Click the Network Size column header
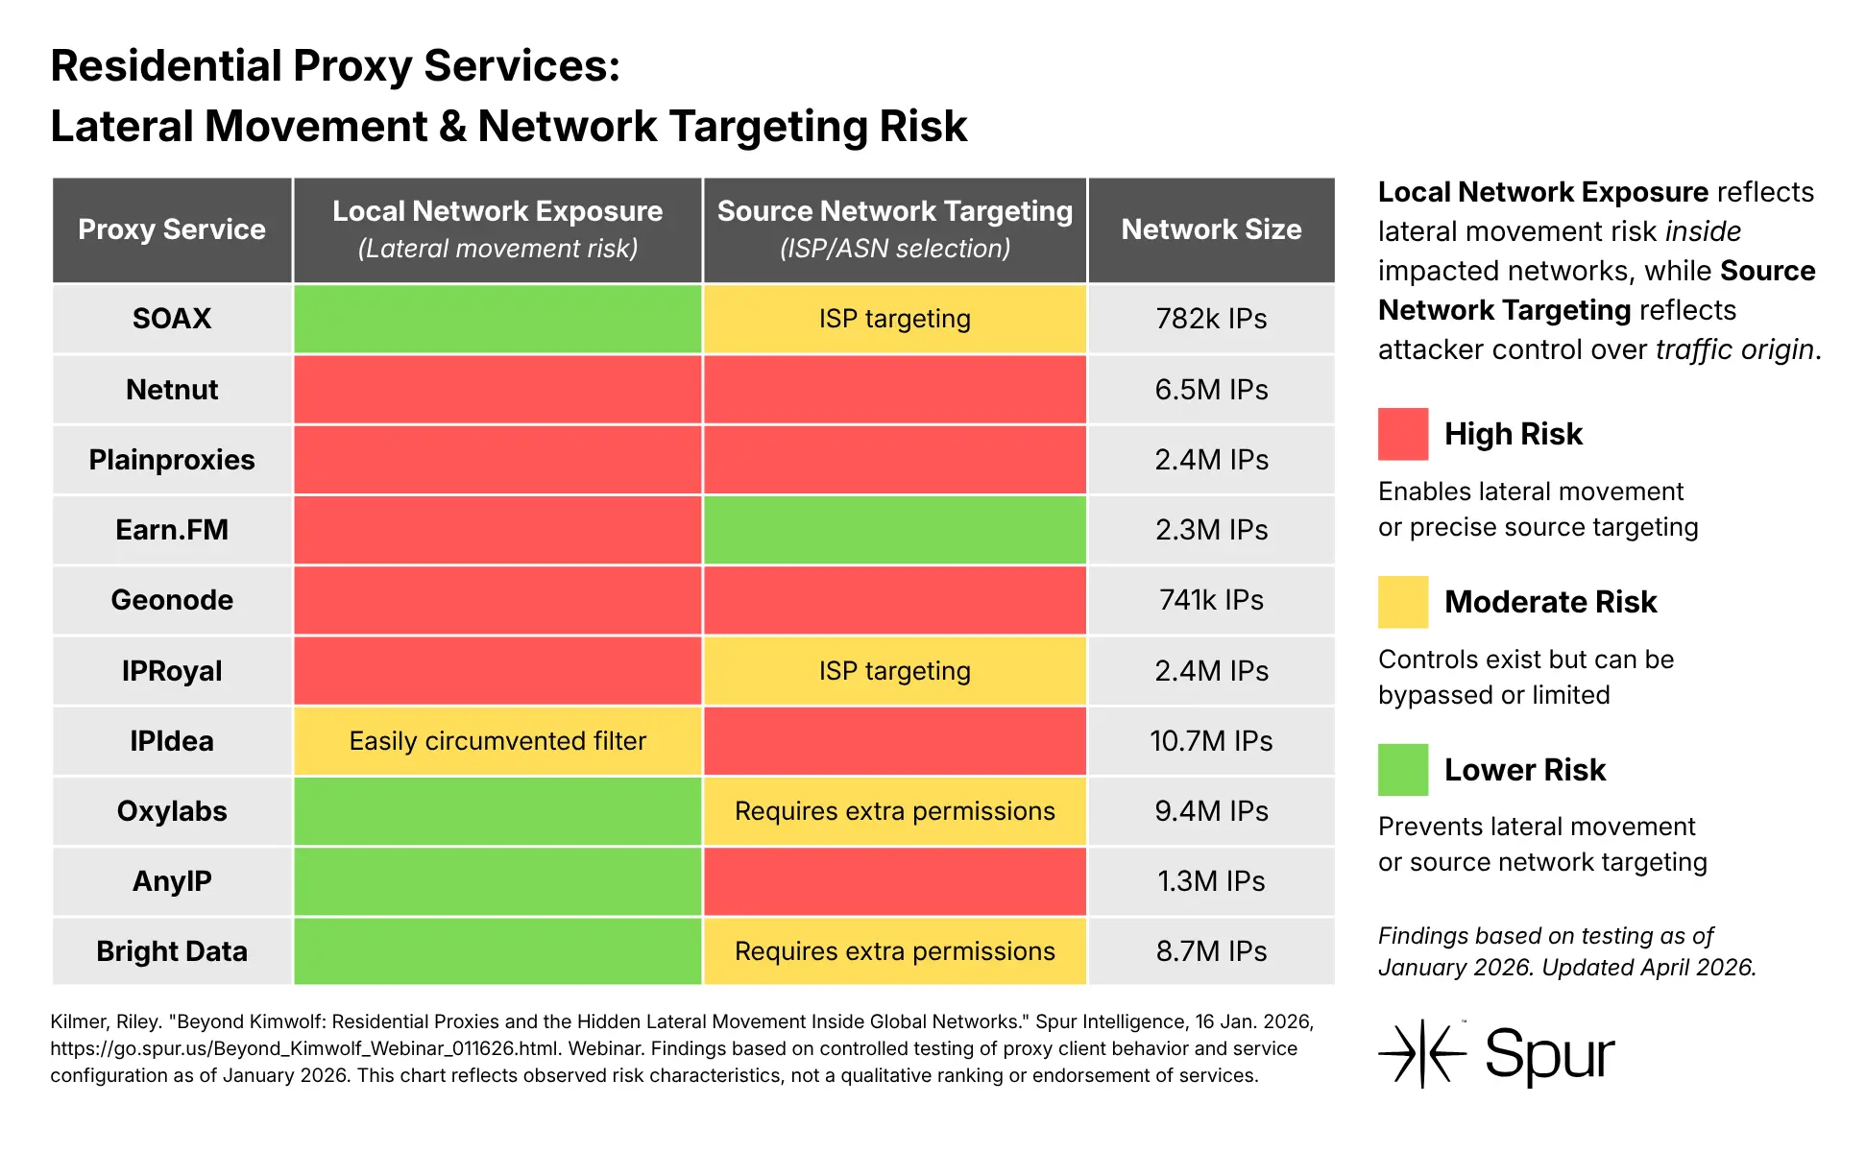[x=1211, y=229]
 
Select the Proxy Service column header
[x=172, y=229]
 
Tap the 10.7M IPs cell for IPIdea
[x=1211, y=741]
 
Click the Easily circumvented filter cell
[x=497, y=741]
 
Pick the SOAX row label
[x=172, y=319]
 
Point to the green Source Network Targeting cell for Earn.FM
[x=894, y=530]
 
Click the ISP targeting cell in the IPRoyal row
[x=894, y=671]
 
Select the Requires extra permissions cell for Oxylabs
[x=894, y=811]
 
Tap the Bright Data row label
[x=172, y=951]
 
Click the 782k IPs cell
[x=1211, y=319]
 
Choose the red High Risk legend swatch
[x=1402, y=434]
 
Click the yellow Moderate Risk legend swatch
[x=1402, y=602]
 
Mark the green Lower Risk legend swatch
[x=1402, y=770]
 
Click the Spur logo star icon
[x=1422, y=1053]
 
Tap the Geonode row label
[x=172, y=600]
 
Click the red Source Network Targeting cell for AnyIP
[x=894, y=881]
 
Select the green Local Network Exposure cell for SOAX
[x=497, y=319]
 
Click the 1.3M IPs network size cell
[x=1211, y=881]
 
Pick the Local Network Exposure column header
[x=497, y=229]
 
